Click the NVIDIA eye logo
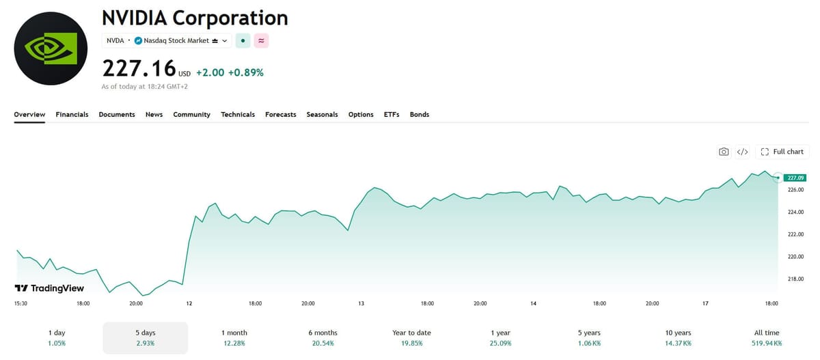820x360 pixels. pos(51,49)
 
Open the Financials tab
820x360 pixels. pos(72,115)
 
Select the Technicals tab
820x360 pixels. pos(238,115)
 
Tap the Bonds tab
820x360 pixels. pos(419,115)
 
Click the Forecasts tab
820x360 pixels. pos(280,115)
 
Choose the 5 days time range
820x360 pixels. pos(146,337)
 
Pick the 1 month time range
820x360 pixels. pos(234,337)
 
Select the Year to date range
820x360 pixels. pos(411,337)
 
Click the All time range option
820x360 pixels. pos(767,337)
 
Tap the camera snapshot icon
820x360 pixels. pos(724,152)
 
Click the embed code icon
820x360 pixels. pos(742,152)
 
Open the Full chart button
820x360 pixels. pos(782,152)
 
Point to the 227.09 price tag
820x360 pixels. pos(795,178)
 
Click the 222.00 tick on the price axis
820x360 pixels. pos(795,234)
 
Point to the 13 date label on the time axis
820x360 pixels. pos(361,303)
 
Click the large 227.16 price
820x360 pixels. pos(139,68)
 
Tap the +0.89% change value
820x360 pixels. pos(245,72)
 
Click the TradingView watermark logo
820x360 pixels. pos(49,288)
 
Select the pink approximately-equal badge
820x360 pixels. pos(261,40)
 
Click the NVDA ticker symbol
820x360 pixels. pos(115,40)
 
